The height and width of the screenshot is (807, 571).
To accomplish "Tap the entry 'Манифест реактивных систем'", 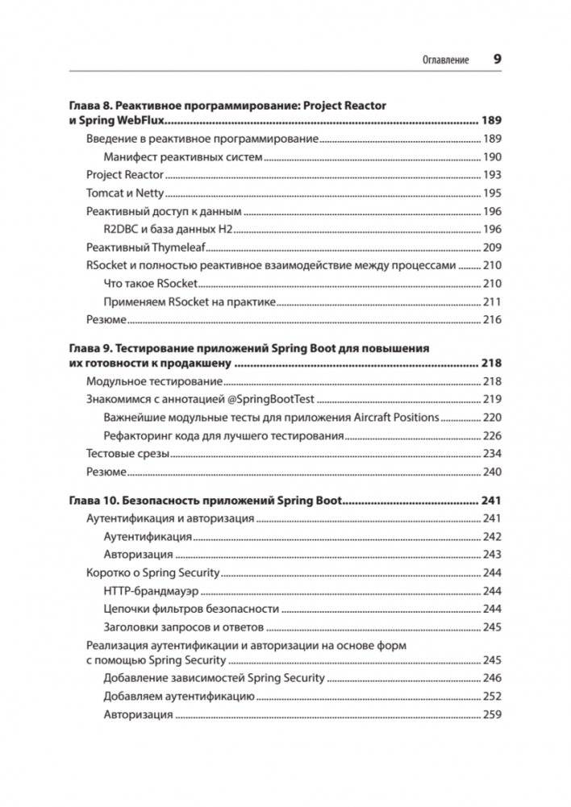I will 183,157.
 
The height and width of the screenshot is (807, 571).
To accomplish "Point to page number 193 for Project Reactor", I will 492,175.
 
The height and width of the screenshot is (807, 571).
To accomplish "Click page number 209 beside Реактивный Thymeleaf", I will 492,248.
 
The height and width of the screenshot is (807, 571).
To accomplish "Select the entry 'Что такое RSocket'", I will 151,284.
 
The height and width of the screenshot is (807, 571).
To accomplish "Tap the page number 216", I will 492,320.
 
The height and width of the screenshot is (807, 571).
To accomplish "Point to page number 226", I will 492,436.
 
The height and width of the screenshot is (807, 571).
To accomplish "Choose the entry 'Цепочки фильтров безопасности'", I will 192,609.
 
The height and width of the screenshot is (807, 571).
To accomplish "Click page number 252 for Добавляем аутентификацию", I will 492,697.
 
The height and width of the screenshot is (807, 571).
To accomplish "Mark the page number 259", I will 492,715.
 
